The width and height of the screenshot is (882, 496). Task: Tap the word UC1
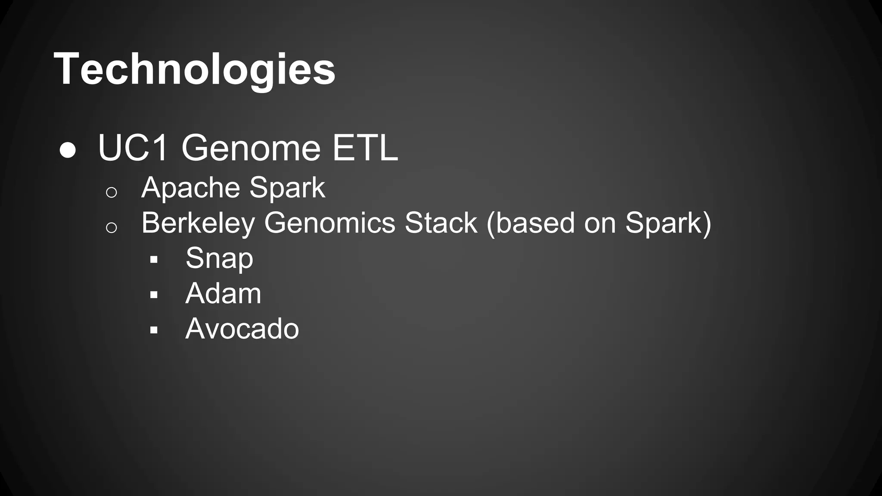pyautogui.click(x=133, y=148)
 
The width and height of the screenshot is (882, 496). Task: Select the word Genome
pyautogui.click(x=251, y=148)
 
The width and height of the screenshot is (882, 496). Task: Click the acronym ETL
pyautogui.click(x=365, y=148)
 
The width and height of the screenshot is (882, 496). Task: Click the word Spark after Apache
pyautogui.click(x=287, y=188)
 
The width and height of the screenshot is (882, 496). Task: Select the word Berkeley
pyautogui.click(x=198, y=223)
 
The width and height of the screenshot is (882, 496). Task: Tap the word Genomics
pyautogui.click(x=329, y=223)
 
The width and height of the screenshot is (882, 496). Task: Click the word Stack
pyautogui.click(x=441, y=223)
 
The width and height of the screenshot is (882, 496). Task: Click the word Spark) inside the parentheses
pyautogui.click(x=668, y=223)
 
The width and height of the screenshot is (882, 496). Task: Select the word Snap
pyautogui.click(x=219, y=259)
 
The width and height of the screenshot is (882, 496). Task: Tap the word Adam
pyautogui.click(x=223, y=294)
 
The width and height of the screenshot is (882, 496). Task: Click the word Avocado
pyautogui.click(x=242, y=329)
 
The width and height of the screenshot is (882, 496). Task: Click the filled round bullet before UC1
pyautogui.click(x=68, y=151)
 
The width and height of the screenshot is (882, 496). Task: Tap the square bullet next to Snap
pyautogui.click(x=154, y=260)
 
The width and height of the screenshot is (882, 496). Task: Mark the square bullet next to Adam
pyautogui.click(x=154, y=295)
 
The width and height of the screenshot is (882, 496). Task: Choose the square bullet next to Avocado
pyautogui.click(x=154, y=330)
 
